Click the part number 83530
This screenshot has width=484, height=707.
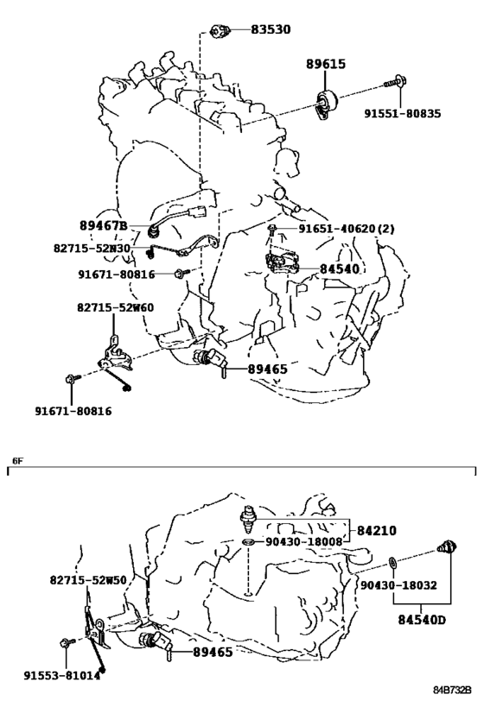coord(271,29)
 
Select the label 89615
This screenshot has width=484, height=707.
coord(326,64)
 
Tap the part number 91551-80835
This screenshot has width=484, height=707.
coord(402,113)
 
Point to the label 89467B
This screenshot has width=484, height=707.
coord(104,225)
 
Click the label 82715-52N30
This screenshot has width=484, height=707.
coord(92,249)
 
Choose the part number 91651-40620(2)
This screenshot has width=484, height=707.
coord(347,229)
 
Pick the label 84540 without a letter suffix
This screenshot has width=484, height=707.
coord(340,269)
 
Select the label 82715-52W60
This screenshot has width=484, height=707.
coord(115,308)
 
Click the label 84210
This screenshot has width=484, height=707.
coord(377,531)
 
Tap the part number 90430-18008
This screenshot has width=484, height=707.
coord(304,541)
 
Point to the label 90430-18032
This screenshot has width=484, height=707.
coord(398,585)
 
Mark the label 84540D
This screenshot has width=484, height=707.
coord(422,620)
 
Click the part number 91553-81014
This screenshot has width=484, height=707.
coord(62,676)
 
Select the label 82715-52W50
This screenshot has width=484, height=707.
coord(88,580)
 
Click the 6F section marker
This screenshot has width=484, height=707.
coord(17,461)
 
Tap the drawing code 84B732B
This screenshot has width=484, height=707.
coord(452,691)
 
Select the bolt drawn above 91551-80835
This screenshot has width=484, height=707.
coord(396,82)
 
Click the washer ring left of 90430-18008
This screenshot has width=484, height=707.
coord(248,541)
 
